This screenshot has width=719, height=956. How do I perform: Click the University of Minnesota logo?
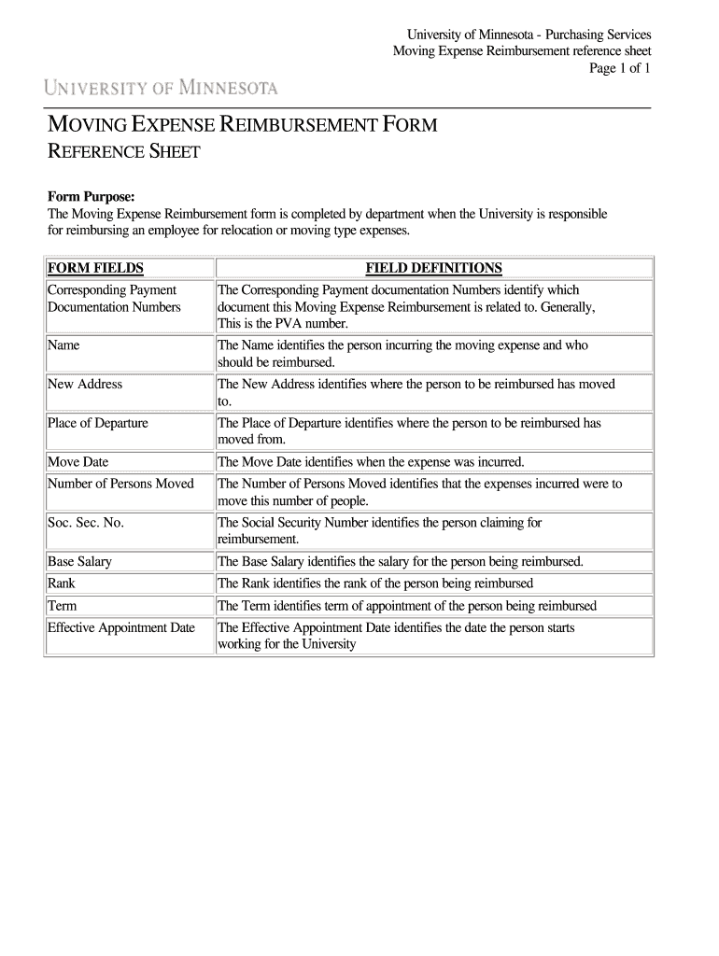(161, 89)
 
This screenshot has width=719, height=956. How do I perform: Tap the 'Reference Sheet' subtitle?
(123, 152)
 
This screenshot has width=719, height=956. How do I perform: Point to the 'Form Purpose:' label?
(92, 196)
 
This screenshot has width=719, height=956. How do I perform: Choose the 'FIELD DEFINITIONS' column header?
(433, 269)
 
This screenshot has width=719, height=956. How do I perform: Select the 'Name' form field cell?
(63, 345)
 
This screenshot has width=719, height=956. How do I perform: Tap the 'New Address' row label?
(85, 384)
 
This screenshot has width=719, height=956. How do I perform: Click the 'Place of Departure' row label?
(98, 423)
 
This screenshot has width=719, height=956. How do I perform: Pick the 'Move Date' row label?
(78, 461)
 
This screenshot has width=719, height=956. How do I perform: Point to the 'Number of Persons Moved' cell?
(120, 484)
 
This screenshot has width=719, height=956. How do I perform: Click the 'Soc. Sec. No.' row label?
(86, 523)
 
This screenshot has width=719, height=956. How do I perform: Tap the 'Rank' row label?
(62, 583)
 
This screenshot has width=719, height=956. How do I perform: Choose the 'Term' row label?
(62, 606)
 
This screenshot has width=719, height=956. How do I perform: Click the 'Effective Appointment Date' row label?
(121, 627)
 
